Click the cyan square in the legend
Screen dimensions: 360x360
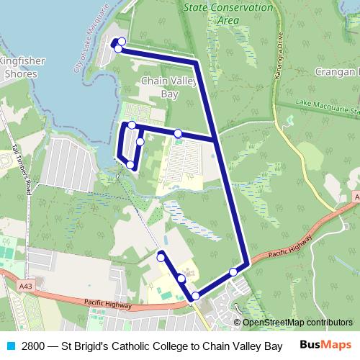click(10, 345)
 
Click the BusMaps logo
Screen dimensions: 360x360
click(325, 345)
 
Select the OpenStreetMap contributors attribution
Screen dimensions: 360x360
click(297, 323)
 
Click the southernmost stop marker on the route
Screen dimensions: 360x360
click(195, 296)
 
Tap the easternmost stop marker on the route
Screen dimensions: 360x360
click(233, 271)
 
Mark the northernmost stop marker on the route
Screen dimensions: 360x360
click(121, 42)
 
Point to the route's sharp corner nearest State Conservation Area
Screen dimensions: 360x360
click(196, 61)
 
